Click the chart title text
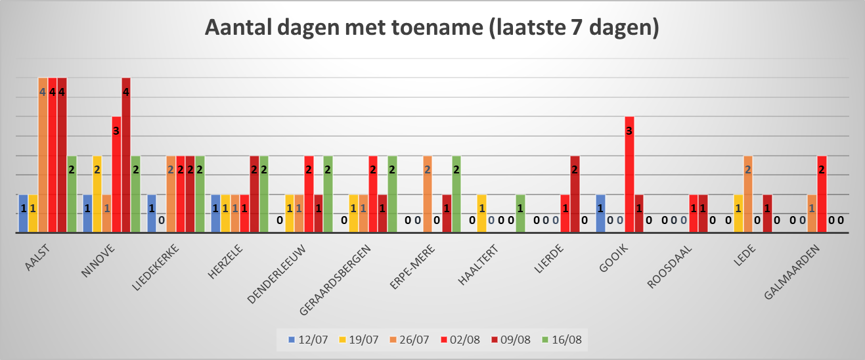pyautogui.click(x=432, y=28)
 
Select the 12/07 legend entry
pyautogui.click(x=308, y=340)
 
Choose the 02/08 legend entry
pyautogui.click(x=460, y=340)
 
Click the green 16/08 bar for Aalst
pyautogui.click(x=72, y=194)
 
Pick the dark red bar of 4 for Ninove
pyautogui.click(x=126, y=155)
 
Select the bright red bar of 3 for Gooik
pyautogui.click(x=629, y=175)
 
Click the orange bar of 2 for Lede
pyautogui.click(x=747, y=194)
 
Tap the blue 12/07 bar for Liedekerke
pyautogui.click(x=152, y=214)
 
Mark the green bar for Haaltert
pyautogui.click(x=520, y=214)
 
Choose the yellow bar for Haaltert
pyautogui.click(x=481, y=214)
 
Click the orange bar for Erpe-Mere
pyautogui.click(x=427, y=194)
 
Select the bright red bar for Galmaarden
pyautogui.click(x=821, y=194)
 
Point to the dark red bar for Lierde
pyautogui.click(x=575, y=194)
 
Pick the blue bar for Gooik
pyautogui.click(x=600, y=214)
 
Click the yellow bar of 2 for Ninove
pyautogui.click(x=97, y=194)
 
